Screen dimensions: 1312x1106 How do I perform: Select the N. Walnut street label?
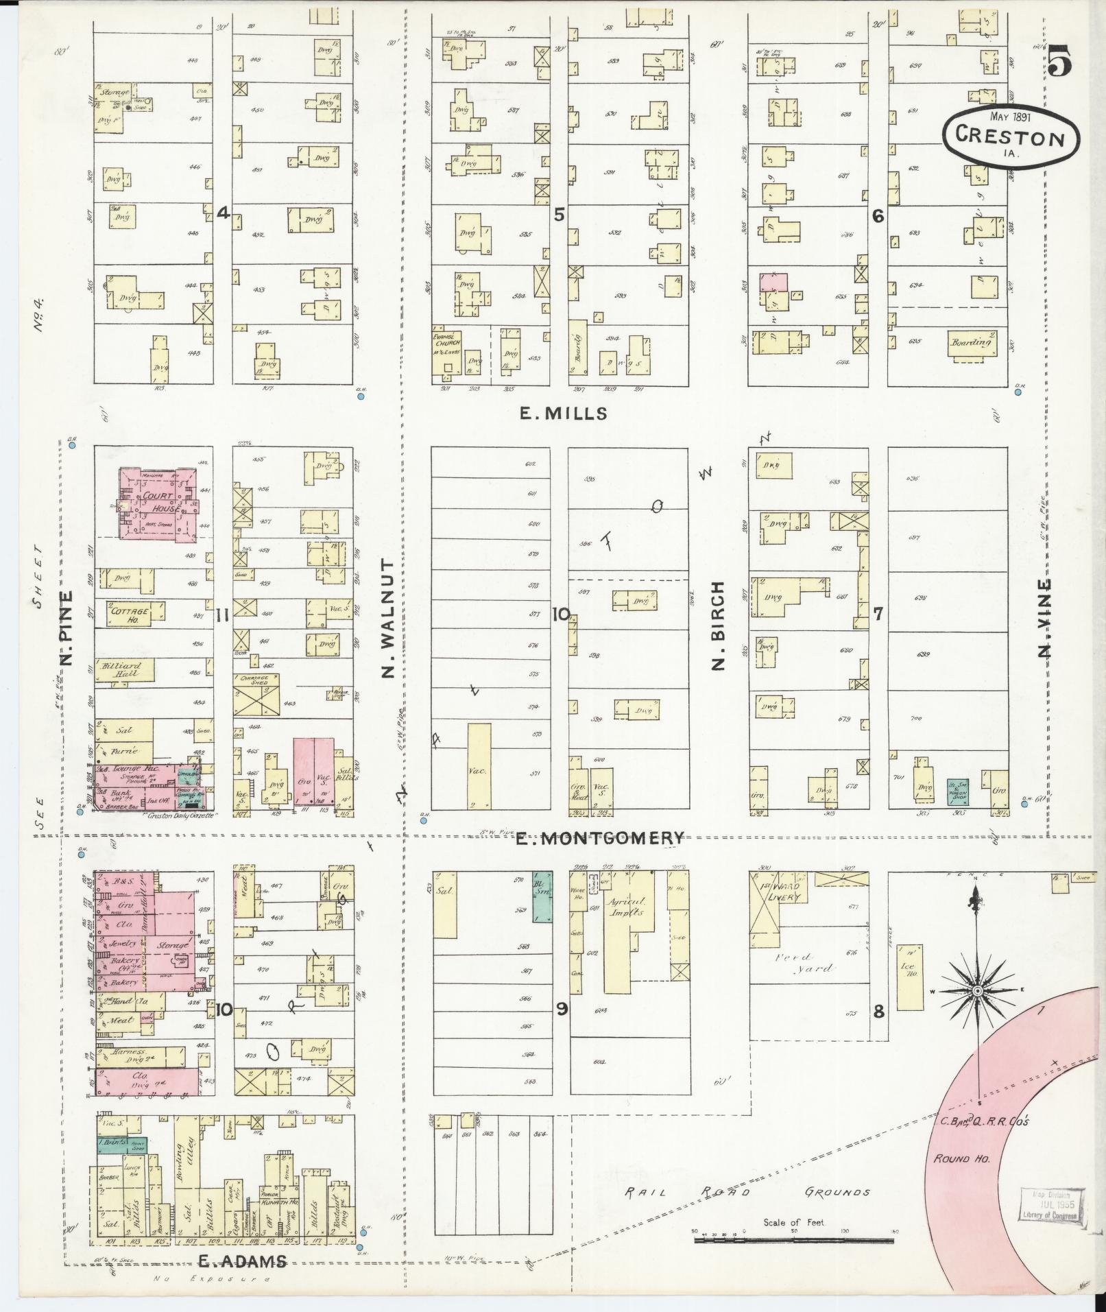[388, 617]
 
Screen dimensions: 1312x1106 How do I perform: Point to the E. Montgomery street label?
[600, 837]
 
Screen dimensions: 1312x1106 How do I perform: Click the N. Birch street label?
[718, 625]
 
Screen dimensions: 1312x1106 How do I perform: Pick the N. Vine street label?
[1044, 617]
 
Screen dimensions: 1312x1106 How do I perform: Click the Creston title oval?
[1005, 134]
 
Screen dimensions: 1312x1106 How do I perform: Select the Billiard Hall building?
[123, 669]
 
